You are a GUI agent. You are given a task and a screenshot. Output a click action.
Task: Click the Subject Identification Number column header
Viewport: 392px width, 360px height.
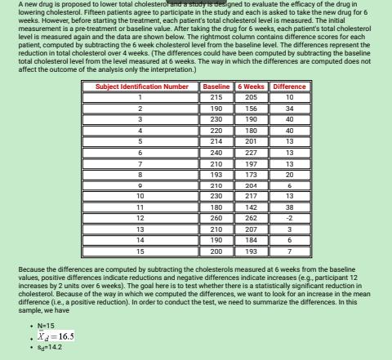pos(141,87)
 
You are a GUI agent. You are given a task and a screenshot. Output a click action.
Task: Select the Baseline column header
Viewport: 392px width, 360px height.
pos(216,87)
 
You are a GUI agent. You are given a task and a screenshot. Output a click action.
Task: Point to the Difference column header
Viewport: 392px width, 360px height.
pos(290,87)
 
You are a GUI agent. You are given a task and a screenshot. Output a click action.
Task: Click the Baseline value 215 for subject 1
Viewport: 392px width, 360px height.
pos(216,97)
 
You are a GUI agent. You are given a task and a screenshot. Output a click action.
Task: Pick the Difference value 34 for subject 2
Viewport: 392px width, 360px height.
pos(290,108)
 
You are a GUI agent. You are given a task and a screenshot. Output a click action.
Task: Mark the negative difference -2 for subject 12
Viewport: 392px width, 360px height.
pos(290,218)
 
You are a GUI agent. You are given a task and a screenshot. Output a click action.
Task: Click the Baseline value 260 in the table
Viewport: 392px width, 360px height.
pos(216,218)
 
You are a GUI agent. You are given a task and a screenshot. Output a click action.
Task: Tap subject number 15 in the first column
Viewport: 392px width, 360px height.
pos(140,251)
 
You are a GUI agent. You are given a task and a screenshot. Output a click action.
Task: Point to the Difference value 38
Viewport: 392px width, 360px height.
pos(290,207)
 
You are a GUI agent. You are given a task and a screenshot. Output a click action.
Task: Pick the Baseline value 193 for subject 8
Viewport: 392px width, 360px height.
pos(216,174)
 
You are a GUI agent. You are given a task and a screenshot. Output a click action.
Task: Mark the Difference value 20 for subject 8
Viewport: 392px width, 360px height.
pos(290,174)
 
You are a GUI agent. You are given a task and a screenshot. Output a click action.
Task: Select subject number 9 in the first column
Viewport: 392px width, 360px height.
pos(140,185)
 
